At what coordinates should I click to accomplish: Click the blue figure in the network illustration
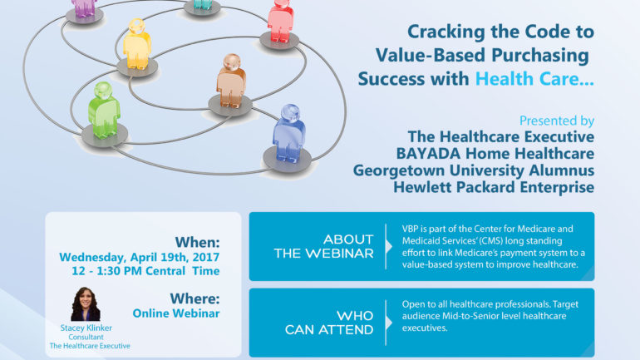click(x=288, y=134)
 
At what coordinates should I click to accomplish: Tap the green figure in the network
click(x=104, y=111)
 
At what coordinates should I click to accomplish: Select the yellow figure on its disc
click(x=137, y=44)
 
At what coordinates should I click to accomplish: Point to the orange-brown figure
click(x=231, y=81)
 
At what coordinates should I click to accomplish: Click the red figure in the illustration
click(x=281, y=21)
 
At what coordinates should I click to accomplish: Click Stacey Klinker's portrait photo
click(x=86, y=304)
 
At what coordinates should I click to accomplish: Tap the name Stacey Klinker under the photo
click(x=86, y=328)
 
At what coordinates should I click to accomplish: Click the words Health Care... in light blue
click(x=534, y=79)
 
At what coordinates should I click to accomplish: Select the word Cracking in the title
click(x=446, y=32)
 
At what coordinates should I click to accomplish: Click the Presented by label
click(x=557, y=121)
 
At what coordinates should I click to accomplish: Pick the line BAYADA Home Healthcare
click(x=495, y=154)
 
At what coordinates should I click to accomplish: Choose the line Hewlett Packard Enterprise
click(x=494, y=187)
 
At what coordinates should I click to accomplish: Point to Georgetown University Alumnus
click(x=474, y=170)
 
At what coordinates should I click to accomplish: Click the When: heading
click(x=198, y=243)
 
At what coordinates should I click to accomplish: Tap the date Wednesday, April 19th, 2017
click(x=139, y=258)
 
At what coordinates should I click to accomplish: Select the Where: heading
click(x=195, y=298)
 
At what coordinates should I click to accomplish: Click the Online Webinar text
click(x=176, y=313)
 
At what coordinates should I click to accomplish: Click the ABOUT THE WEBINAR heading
click(x=324, y=247)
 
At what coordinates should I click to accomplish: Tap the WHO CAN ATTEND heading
click(x=329, y=323)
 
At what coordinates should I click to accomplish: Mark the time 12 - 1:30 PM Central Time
click(x=145, y=271)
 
